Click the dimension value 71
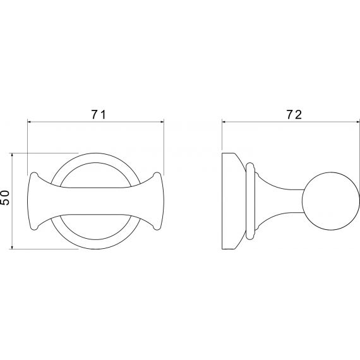(99, 114)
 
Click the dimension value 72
(294, 114)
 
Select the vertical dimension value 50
(5, 198)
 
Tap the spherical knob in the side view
(330, 201)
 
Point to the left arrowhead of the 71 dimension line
(30, 122)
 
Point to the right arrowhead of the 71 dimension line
(162, 122)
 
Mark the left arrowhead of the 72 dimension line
(224, 122)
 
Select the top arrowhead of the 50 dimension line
(12, 155)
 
